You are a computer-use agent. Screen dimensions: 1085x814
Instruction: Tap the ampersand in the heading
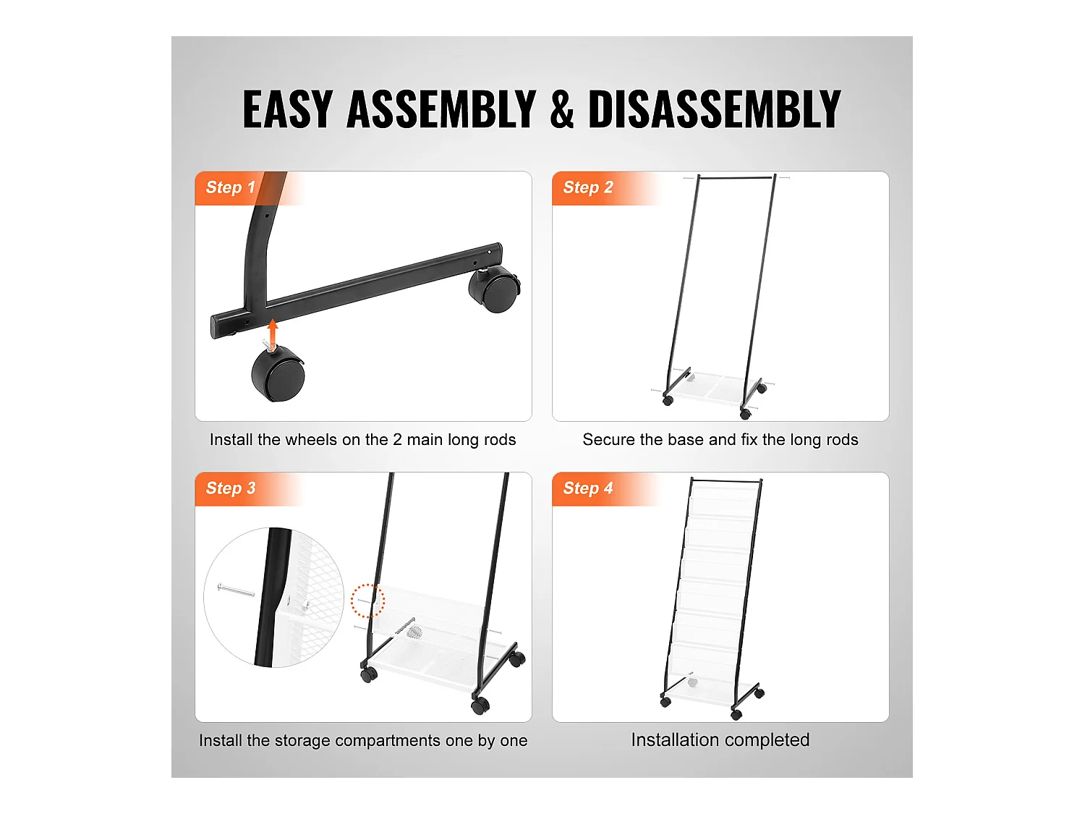click(561, 109)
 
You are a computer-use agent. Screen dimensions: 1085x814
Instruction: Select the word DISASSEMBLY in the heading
click(714, 109)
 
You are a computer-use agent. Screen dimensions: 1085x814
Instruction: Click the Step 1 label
click(230, 187)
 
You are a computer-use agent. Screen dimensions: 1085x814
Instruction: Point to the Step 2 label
click(588, 187)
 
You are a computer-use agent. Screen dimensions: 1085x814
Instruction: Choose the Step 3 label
click(230, 488)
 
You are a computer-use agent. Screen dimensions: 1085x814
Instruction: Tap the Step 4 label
click(588, 488)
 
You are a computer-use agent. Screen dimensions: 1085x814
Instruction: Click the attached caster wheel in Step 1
click(494, 289)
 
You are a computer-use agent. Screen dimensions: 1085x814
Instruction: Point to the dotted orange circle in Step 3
click(367, 601)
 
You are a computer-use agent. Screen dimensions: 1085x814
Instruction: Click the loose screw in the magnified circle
click(236, 590)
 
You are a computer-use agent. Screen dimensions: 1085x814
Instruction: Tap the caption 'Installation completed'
click(720, 740)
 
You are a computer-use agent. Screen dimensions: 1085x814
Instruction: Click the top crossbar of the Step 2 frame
click(736, 177)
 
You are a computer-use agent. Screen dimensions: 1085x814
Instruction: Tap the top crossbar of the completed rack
click(727, 480)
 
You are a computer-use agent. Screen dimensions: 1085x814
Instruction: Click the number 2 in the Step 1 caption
click(397, 439)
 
